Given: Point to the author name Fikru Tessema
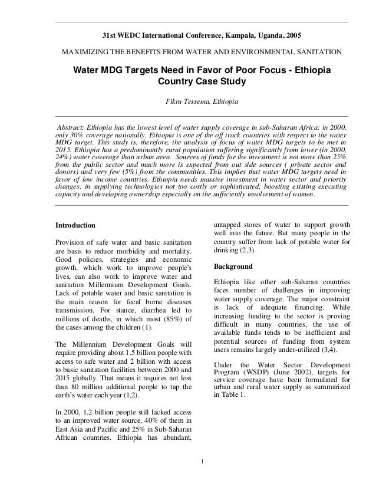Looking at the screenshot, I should [x=187, y=103].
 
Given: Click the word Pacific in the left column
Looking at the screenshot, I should [x=107, y=423].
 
